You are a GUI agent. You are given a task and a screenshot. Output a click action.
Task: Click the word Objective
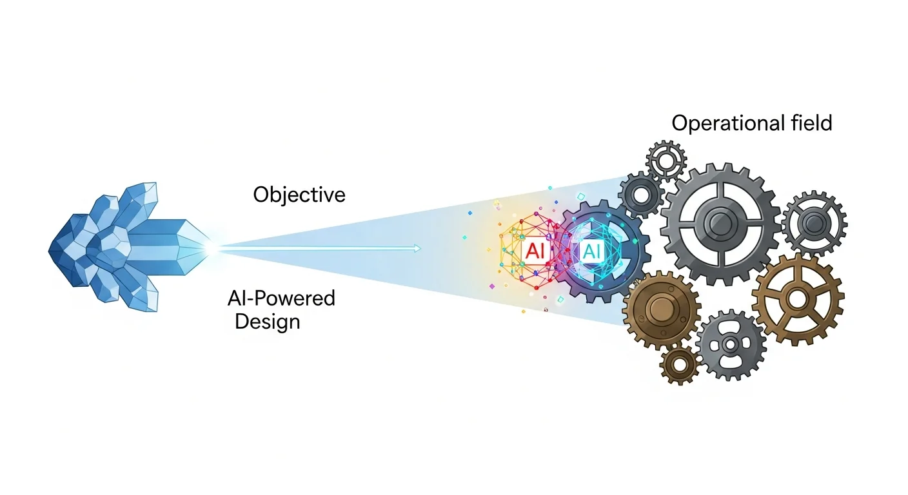[x=299, y=195]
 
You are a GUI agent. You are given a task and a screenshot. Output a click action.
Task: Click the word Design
[x=267, y=321]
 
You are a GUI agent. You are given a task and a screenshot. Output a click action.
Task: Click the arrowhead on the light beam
[x=419, y=248]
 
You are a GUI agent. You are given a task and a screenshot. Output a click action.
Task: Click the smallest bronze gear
[x=679, y=365]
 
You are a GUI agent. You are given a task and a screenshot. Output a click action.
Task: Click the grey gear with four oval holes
[x=730, y=344]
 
